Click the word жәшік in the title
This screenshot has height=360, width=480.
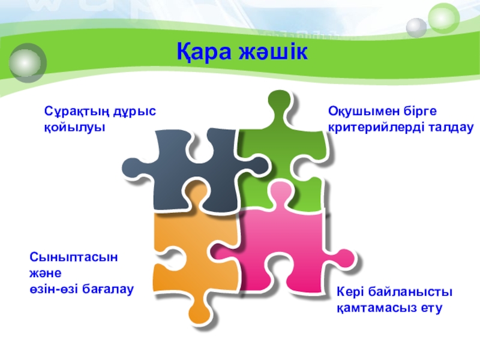tap(273, 51)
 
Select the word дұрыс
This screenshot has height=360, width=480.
tap(134, 112)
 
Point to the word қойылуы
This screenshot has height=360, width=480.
tap(74, 127)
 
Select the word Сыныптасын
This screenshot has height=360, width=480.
tap(73, 257)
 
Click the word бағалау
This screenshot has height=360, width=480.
tap(108, 289)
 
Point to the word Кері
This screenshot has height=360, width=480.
tap(350, 292)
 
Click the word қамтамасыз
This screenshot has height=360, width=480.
tap(377, 308)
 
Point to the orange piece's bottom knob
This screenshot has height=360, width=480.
tap(200, 314)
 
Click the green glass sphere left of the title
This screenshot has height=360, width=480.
tap(28, 63)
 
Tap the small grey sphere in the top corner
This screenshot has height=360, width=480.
tap(416, 28)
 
